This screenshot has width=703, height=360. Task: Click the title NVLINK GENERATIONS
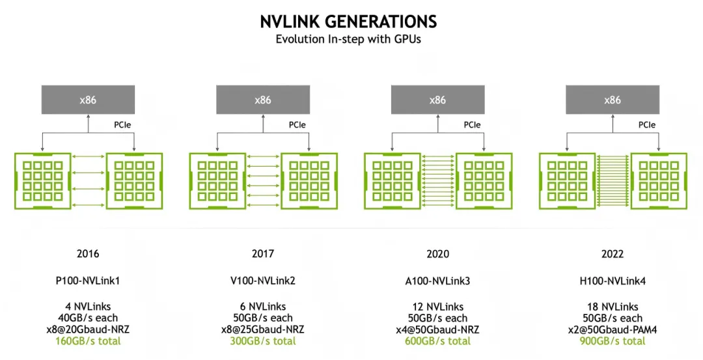(348, 21)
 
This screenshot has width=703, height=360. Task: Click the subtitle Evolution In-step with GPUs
(348, 39)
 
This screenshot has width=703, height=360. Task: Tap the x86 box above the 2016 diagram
(88, 100)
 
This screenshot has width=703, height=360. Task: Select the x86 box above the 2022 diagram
(613, 100)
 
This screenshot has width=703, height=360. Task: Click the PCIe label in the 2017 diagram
(297, 125)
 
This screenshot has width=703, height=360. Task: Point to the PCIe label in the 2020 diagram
(472, 125)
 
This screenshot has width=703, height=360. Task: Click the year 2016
(88, 254)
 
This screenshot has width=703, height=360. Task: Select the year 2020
(437, 254)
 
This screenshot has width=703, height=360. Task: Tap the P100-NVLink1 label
(88, 281)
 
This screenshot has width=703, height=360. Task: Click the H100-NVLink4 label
(613, 281)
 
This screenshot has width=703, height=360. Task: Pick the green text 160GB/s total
(88, 341)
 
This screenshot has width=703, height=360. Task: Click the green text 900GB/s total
(613, 341)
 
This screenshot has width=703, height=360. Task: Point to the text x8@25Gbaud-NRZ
(263, 329)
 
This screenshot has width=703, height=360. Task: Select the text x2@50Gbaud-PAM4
(613, 329)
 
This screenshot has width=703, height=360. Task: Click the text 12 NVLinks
(437, 307)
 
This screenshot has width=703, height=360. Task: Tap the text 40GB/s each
(88, 318)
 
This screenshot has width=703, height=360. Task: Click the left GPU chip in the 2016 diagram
(43, 181)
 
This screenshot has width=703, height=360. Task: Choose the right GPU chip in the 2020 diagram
(484, 181)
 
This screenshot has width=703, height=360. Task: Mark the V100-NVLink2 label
(263, 281)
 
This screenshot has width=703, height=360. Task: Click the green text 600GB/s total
(437, 341)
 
